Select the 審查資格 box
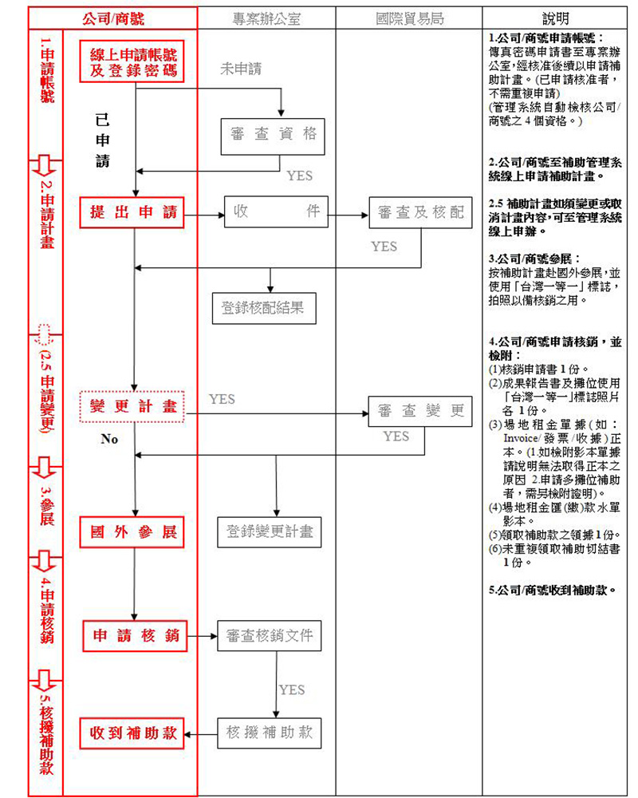pos(274,135)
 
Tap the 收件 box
pos(276,212)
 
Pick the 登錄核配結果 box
pos(262,307)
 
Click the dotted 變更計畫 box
pos(133,406)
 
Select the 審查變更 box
pos(420,412)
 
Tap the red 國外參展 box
pos(133,532)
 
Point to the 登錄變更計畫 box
pos(269,531)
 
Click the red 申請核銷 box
pos(134,637)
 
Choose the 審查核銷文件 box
pos(269,636)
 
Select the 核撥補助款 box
pos(269,733)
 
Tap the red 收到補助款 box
pos(133,733)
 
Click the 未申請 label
pos(240,69)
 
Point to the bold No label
pos(109,439)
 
